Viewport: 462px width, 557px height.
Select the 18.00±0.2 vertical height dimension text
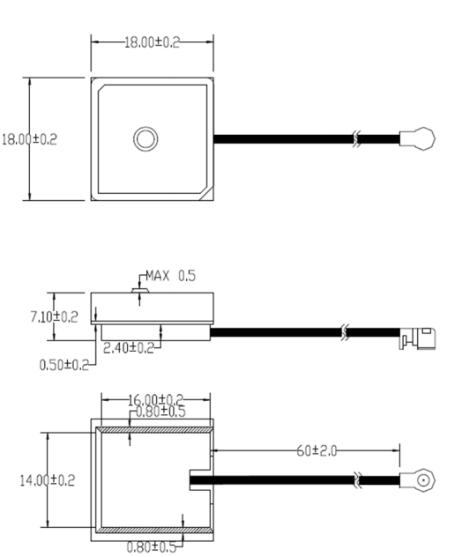[x=29, y=138]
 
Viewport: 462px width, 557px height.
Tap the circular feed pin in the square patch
[x=145, y=137]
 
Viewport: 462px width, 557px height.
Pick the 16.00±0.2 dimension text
[x=155, y=400]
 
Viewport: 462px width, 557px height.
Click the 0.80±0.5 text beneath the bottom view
[x=152, y=546]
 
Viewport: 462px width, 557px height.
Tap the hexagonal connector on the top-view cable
[x=418, y=137]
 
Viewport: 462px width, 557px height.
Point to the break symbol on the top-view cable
[x=355, y=138]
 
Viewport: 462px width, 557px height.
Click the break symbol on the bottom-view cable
[x=356, y=480]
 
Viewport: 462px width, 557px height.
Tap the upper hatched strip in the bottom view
[x=153, y=430]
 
